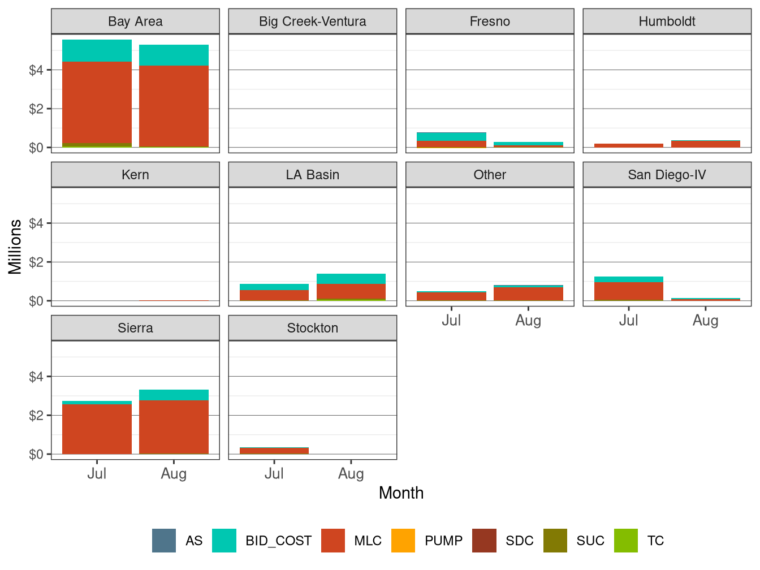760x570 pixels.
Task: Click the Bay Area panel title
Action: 135,21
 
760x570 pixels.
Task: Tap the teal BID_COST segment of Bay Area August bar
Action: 174,55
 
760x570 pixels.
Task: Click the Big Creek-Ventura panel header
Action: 312,21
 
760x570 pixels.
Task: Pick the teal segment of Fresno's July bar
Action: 451,137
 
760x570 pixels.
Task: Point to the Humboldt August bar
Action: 705,144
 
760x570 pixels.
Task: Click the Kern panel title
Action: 135,175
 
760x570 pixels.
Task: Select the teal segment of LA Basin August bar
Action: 351,279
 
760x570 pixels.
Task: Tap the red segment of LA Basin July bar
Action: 274,295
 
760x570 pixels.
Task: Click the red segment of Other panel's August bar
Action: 528,294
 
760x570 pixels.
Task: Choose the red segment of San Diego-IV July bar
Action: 628,291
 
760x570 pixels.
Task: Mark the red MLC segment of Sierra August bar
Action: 174,427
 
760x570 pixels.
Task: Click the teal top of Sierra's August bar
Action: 174,395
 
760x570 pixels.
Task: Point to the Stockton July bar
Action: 274,451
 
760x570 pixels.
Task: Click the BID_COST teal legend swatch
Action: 224,541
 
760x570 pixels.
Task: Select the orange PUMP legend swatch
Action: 403,541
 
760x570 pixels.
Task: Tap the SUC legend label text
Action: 590,541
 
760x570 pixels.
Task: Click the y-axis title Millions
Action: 15,247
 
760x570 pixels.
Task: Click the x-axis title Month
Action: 401,493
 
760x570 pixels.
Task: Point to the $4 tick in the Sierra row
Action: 36,377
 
